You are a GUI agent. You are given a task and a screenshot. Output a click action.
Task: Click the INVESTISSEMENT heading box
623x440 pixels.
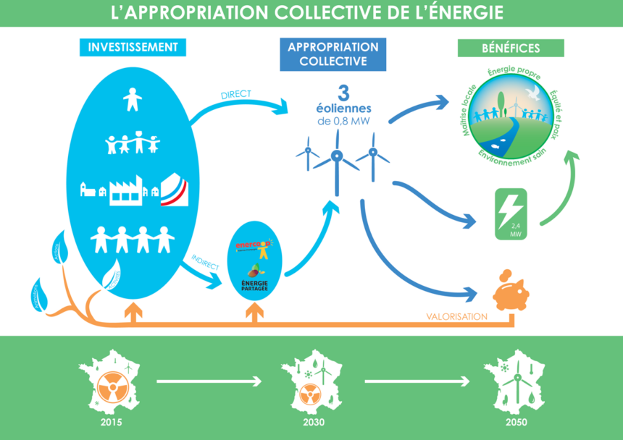pos(133,47)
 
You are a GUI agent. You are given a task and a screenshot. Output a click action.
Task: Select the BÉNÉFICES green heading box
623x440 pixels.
pos(510,48)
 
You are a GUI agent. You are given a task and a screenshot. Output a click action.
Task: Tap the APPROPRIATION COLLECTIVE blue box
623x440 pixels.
pos(333,54)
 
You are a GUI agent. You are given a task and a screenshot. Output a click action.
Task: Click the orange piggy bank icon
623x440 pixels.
pos(510,294)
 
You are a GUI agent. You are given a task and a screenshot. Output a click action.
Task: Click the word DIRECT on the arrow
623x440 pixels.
pos(236,96)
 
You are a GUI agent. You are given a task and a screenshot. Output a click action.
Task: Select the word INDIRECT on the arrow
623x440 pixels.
pos(205,261)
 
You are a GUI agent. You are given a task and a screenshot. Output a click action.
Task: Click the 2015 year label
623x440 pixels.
pos(112,422)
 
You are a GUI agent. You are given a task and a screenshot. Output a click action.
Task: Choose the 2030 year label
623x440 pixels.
pos(314,422)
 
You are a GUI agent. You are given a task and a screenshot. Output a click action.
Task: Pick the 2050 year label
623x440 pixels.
pos(516,422)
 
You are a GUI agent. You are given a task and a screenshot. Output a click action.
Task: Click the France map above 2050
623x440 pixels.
pos(515,381)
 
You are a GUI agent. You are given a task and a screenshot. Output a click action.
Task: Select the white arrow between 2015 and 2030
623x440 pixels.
pos(209,380)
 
